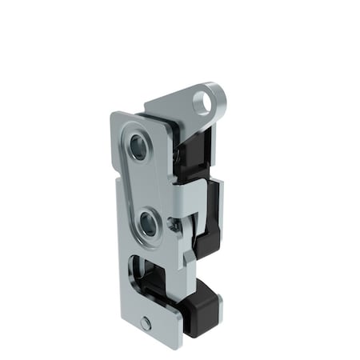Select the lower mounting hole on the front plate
[x=147, y=223]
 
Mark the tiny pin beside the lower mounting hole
[x=173, y=226]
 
